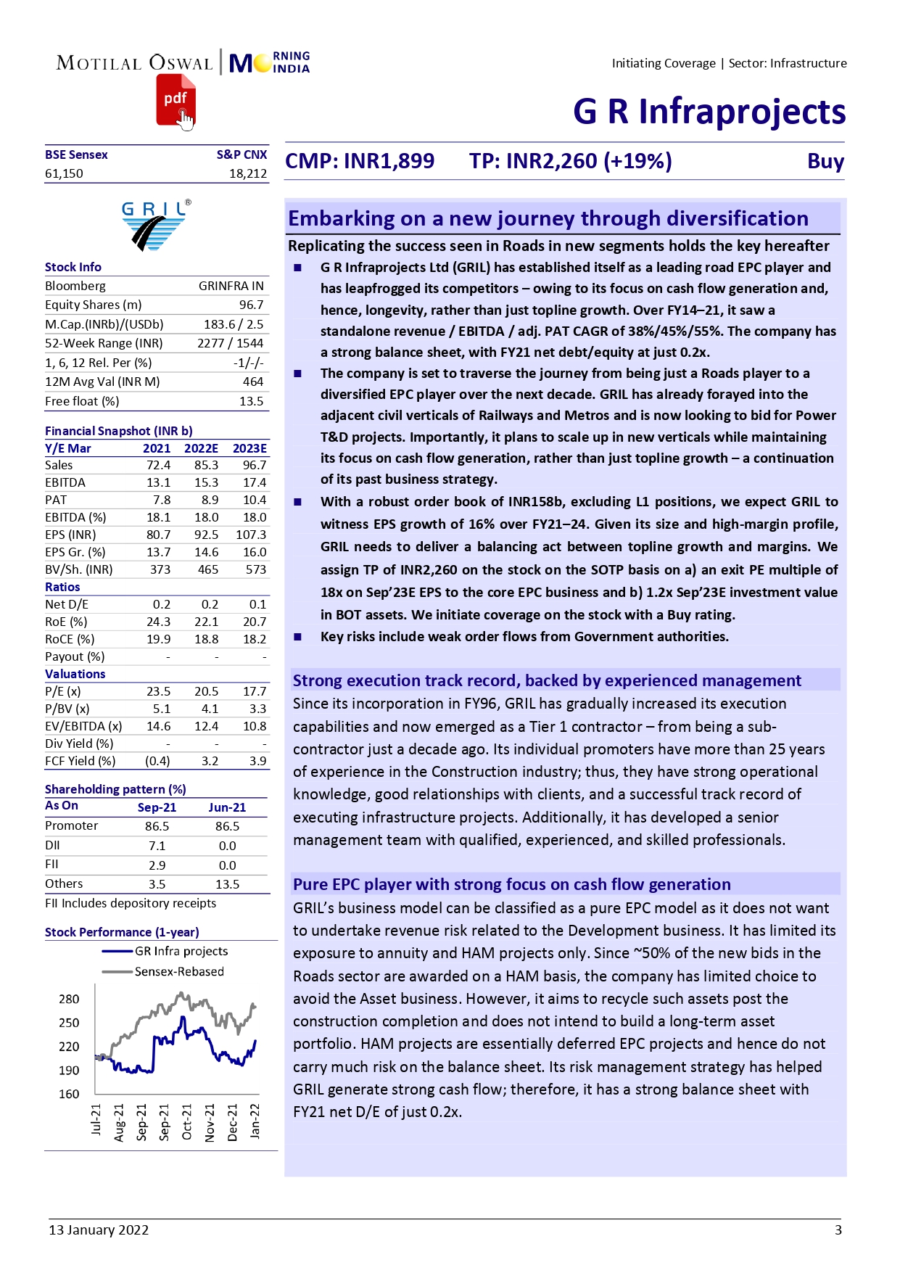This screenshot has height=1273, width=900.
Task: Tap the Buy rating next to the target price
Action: click(x=825, y=161)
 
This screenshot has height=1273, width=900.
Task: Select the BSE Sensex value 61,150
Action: click(x=64, y=173)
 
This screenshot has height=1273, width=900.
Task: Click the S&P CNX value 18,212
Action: click(x=248, y=173)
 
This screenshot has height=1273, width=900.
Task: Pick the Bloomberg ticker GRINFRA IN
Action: click(x=231, y=286)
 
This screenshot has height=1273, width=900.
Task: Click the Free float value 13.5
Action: click(x=251, y=401)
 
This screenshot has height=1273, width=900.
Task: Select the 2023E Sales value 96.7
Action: click(x=255, y=465)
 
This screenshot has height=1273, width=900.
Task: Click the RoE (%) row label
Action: click(x=66, y=622)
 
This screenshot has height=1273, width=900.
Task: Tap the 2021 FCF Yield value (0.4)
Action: click(x=157, y=761)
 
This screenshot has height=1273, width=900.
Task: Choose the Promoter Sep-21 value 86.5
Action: click(x=157, y=826)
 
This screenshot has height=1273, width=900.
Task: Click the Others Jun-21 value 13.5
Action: click(x=227, y=884)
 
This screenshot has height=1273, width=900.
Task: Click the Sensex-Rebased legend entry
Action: click(x=179, y=971)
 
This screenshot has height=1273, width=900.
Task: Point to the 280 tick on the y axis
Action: click(x=69, y=999)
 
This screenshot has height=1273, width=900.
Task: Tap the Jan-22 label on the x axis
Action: click(x=255, y=1121)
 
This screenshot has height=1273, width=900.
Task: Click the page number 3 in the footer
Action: click(x=838, y=1229)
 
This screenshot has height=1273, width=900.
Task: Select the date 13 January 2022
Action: click(x=99, y=1229)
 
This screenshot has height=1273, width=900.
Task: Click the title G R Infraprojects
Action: click(x=709, y=112)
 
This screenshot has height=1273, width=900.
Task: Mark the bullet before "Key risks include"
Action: click(x=297, y=637)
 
